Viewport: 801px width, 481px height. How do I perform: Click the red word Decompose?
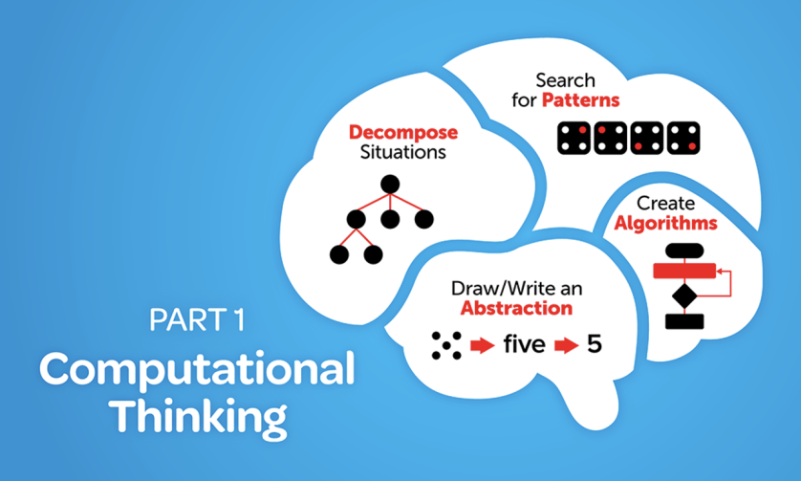coord(389,132)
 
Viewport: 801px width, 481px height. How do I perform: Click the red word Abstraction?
coord(517,308)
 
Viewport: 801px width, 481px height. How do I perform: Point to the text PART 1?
coord(196,320)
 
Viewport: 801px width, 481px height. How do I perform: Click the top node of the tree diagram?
coord(389,183)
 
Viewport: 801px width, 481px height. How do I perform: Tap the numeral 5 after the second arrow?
coord(595,343)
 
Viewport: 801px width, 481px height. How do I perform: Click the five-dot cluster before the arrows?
coord(446,343)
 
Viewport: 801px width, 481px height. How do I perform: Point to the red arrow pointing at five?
coord(481,344)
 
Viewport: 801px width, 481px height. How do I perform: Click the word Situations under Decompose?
coord(390,152)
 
